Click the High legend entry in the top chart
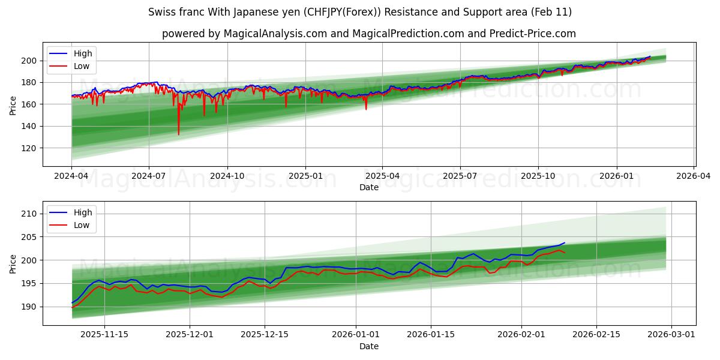(82, 54)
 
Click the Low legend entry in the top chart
(81, 66)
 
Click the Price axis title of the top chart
(13, 105)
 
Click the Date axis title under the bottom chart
(369, 346)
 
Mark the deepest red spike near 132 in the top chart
(178, 134)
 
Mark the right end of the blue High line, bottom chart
(565, 243)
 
